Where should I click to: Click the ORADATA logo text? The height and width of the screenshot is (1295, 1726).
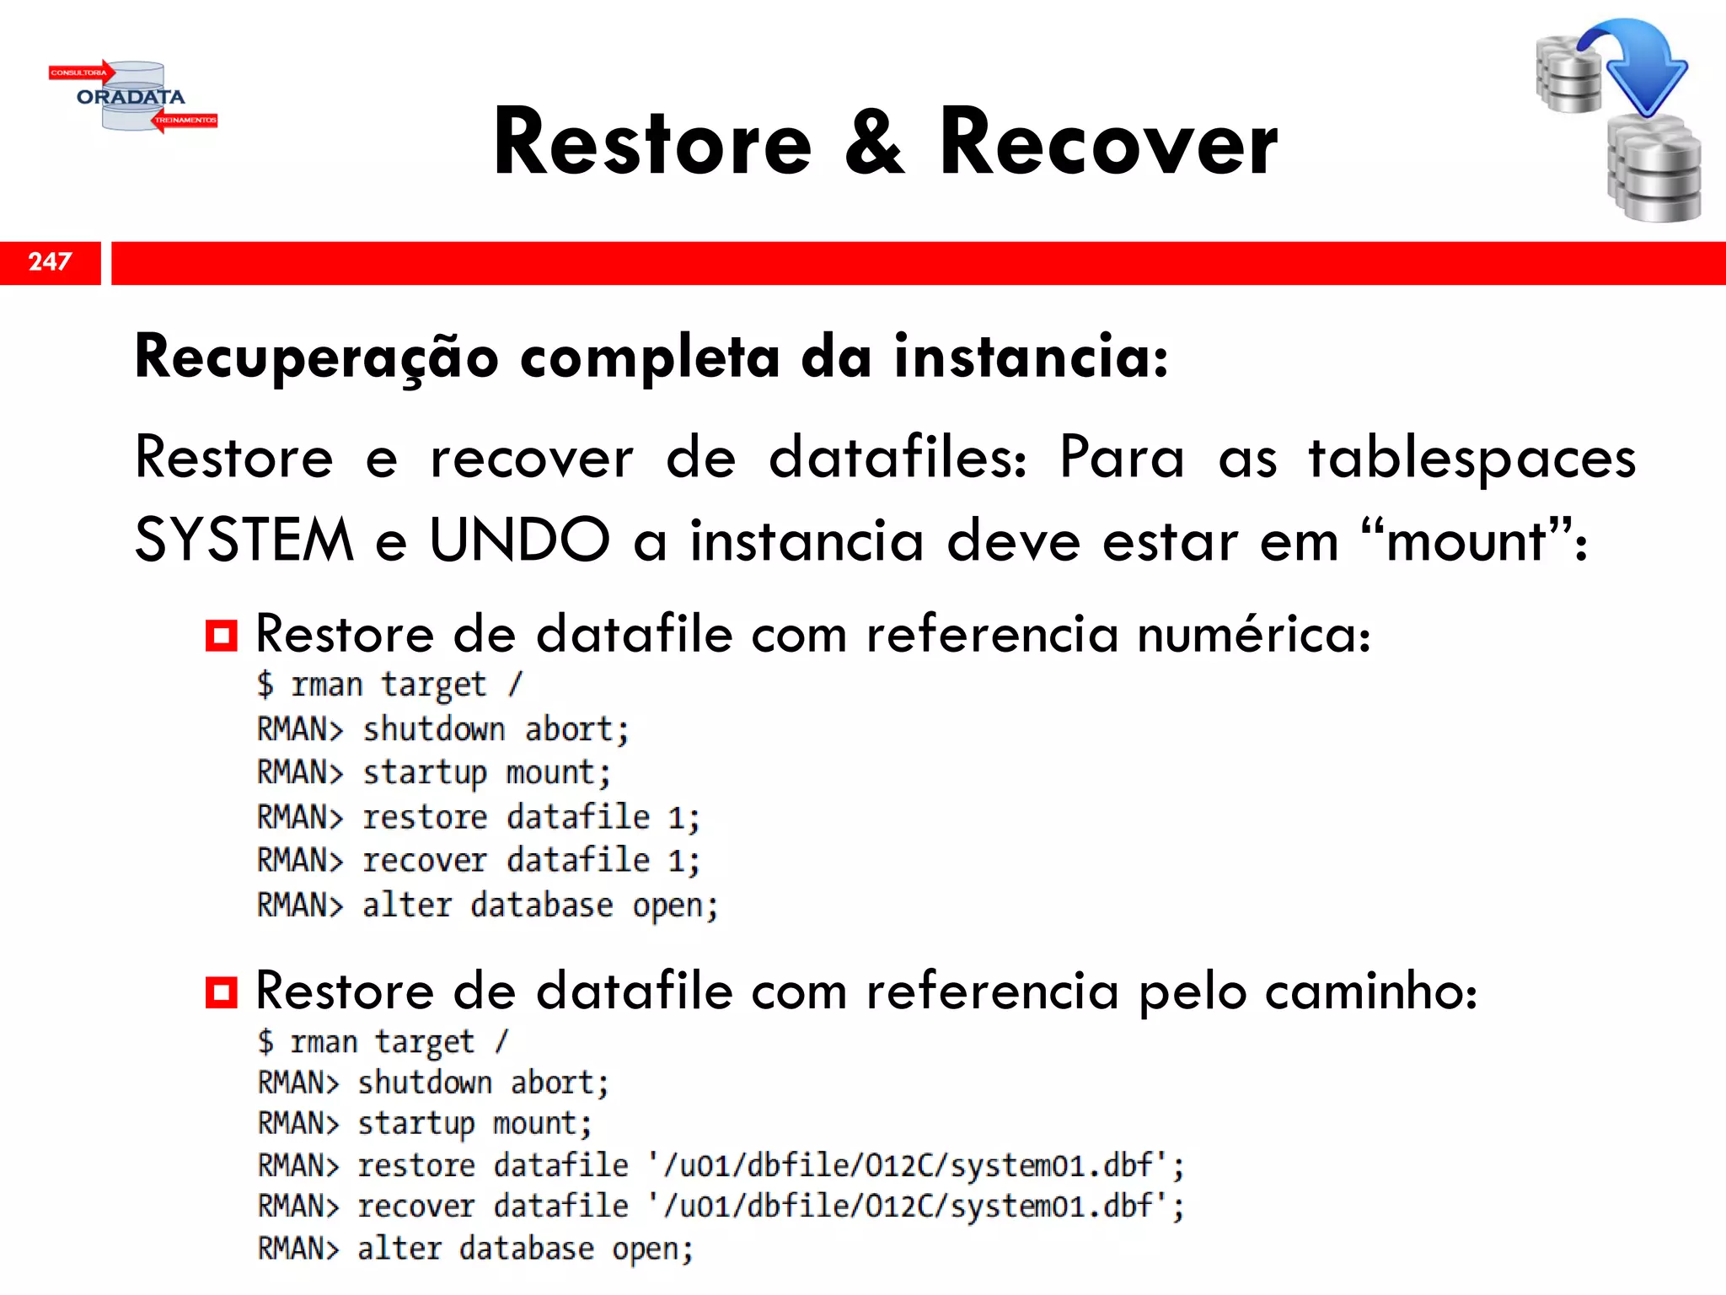click(131, 97)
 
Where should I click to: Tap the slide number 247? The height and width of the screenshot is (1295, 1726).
click(50, 261)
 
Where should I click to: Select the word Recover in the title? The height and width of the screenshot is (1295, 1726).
click(1108, 143)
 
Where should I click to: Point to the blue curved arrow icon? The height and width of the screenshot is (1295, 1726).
click(1635, 63)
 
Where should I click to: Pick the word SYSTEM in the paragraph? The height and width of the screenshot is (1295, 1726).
click(244, 540)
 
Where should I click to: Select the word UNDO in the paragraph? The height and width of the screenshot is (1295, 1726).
click(519, 540)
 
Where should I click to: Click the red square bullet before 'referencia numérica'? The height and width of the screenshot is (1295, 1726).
click(222, 635)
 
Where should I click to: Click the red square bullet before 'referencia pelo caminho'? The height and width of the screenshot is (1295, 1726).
click(222, 991)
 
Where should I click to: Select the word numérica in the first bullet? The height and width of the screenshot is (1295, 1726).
click(1253, 634)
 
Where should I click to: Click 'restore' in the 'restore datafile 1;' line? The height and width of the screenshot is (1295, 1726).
click(425, 817)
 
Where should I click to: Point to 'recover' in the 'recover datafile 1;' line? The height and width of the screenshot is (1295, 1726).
click(425, 861)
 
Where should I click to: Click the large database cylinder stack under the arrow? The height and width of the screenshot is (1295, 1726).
click(1654, 169)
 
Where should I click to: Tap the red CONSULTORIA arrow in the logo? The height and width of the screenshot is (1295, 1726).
click(81, 73)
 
